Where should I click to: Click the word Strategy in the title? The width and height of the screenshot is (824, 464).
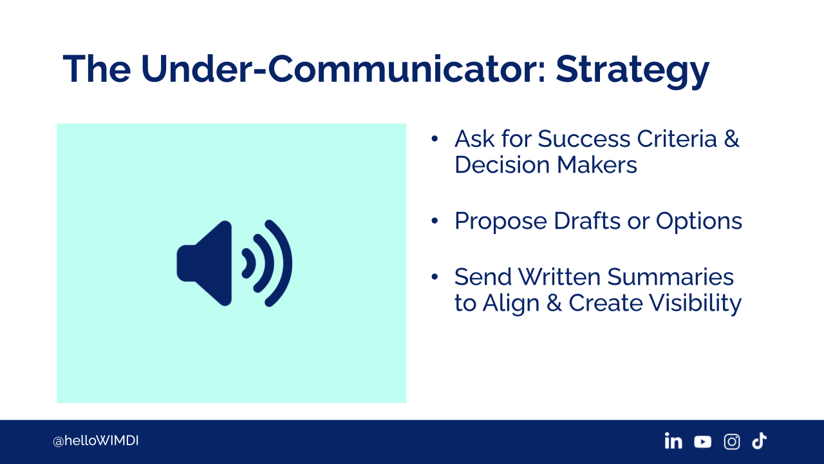632,71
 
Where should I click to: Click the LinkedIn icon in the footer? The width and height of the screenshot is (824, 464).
673,441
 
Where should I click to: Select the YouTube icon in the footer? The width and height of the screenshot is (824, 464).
702,442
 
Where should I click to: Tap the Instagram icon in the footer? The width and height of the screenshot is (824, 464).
732,441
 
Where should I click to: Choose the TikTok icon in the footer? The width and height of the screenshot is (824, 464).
759,441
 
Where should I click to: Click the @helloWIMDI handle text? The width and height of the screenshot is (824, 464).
96,441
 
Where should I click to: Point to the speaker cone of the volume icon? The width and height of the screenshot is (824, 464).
204,264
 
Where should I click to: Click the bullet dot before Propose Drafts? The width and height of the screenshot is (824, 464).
435,221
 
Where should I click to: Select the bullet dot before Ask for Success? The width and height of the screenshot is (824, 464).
435,139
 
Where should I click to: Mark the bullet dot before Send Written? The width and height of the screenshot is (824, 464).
435,276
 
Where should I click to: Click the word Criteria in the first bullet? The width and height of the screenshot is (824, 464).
677,139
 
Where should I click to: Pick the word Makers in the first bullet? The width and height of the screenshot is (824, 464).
597,164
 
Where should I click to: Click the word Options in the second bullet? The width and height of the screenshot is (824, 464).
699,222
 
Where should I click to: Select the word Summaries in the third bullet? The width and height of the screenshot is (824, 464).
670,277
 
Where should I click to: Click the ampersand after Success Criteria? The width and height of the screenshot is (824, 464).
732,139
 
